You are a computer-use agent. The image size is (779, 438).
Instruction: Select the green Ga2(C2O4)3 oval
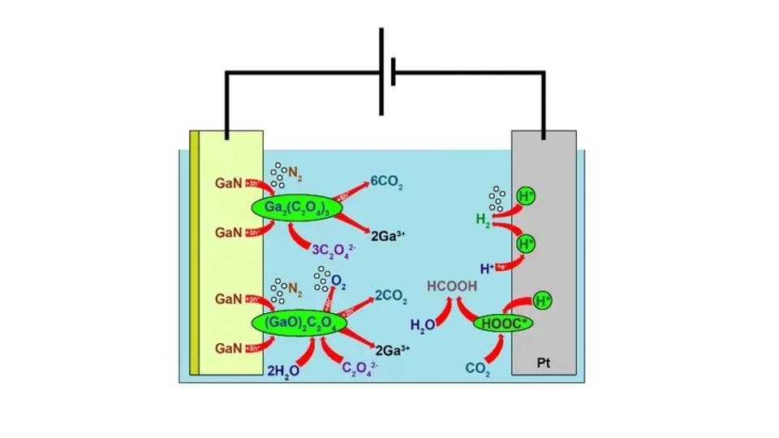pyautogui.click(x=297, y=208)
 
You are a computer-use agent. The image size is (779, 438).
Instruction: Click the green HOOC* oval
pyautogui.click(x=503, y=323)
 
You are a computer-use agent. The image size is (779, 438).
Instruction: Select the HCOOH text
pyautogui.click(x=453, y=286)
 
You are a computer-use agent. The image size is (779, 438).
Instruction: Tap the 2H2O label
pyautogui.click(x=283, y=370)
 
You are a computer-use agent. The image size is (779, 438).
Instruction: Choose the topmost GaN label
pyautogui.click(x=228, y=183)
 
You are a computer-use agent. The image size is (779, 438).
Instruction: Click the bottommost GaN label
pyautogui.click(x=228, y=348)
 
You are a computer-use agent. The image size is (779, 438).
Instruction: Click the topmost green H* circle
pyautogui.click(x=526, y=195)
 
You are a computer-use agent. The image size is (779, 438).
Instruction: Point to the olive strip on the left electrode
pyautogui.click(x=194, y=251)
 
